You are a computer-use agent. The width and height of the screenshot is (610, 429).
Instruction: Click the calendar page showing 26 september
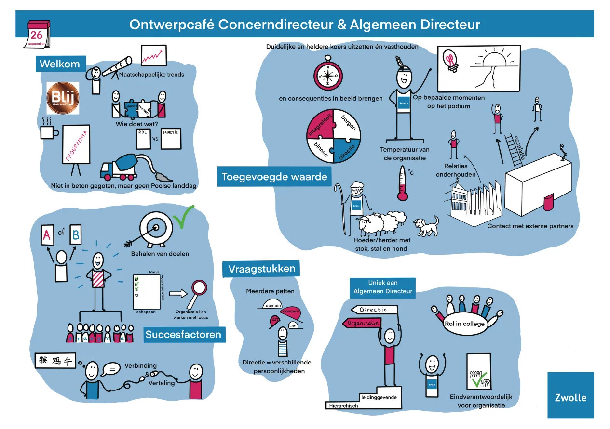point(37,34)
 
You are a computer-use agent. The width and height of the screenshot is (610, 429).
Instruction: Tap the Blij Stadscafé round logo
point(62,98)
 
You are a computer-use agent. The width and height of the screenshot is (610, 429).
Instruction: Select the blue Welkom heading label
point(60,64)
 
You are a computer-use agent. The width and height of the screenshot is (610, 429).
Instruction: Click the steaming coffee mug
point(48,130)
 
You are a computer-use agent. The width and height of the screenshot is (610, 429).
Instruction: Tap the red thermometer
point(402,183)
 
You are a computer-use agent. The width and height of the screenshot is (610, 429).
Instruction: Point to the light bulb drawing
point(451,60)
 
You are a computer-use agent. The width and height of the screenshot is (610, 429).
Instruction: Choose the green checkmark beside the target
point(183,217)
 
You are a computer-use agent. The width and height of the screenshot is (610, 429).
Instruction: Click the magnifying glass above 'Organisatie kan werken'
point(198,291)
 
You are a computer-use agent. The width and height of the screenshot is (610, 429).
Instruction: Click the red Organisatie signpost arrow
point(360,323)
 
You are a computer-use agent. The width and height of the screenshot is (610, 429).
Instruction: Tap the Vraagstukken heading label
point(261,269)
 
